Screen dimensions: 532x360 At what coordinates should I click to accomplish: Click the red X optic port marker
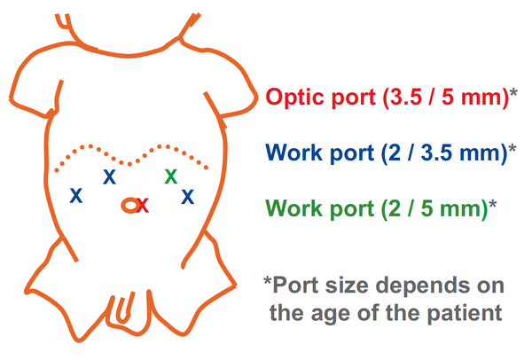coord(143,206)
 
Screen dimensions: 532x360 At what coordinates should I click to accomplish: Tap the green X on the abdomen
coord(171,176)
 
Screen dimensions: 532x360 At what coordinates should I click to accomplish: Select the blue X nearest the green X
coord(188,197)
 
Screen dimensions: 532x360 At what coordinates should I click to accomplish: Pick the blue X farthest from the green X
coord(76,195)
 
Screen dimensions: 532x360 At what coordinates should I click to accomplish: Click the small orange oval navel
coord(129,206)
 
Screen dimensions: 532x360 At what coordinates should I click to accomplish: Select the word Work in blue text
coord(294,153)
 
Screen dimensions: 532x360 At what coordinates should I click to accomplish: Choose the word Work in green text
coord(294,208)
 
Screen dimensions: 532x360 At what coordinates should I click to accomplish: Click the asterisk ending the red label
coord(513,92)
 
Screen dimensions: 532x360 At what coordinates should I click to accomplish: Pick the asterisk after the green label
coord(492,204)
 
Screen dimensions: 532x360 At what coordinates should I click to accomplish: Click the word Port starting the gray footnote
coord(295,285)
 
